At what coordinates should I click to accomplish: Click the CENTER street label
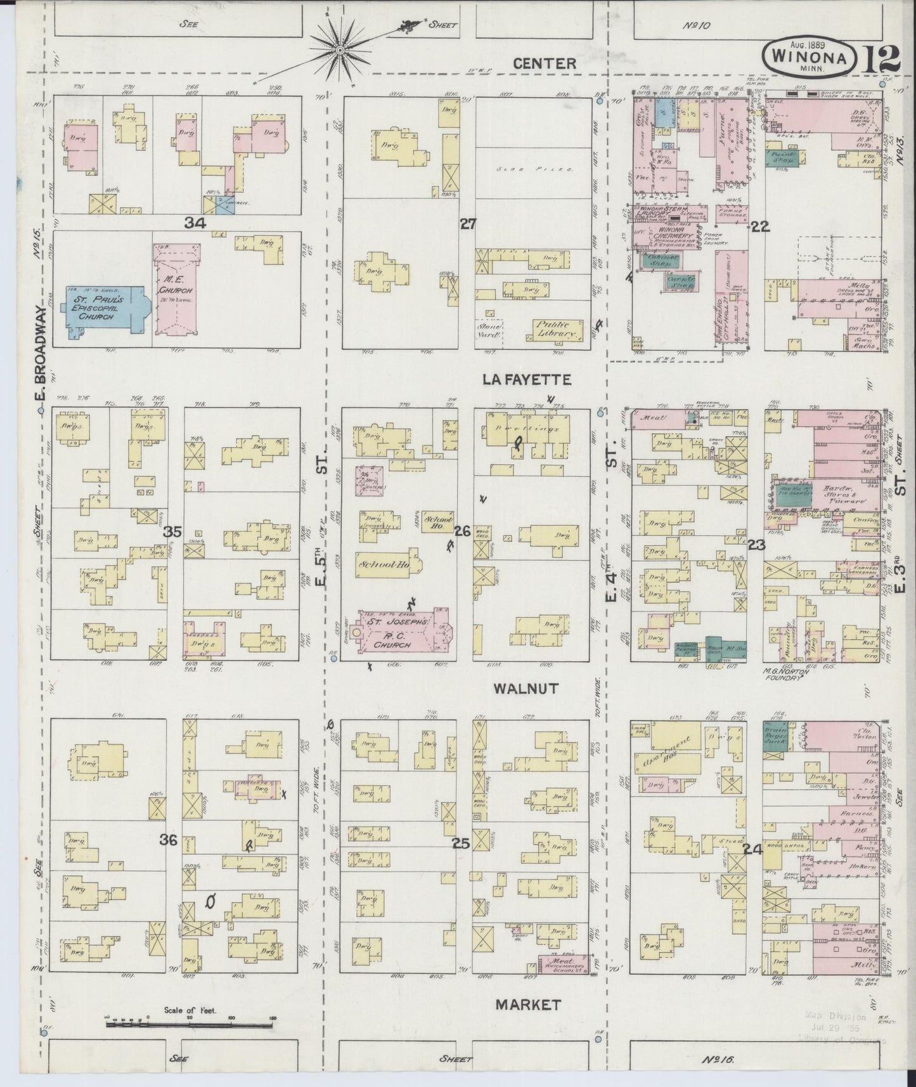545,63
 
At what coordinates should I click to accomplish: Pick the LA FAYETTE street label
527,379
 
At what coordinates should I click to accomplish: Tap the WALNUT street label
527,688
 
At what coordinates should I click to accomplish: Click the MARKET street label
528,1005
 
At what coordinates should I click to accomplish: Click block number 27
468,223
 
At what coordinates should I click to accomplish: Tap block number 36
169,841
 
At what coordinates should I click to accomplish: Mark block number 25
461,843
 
